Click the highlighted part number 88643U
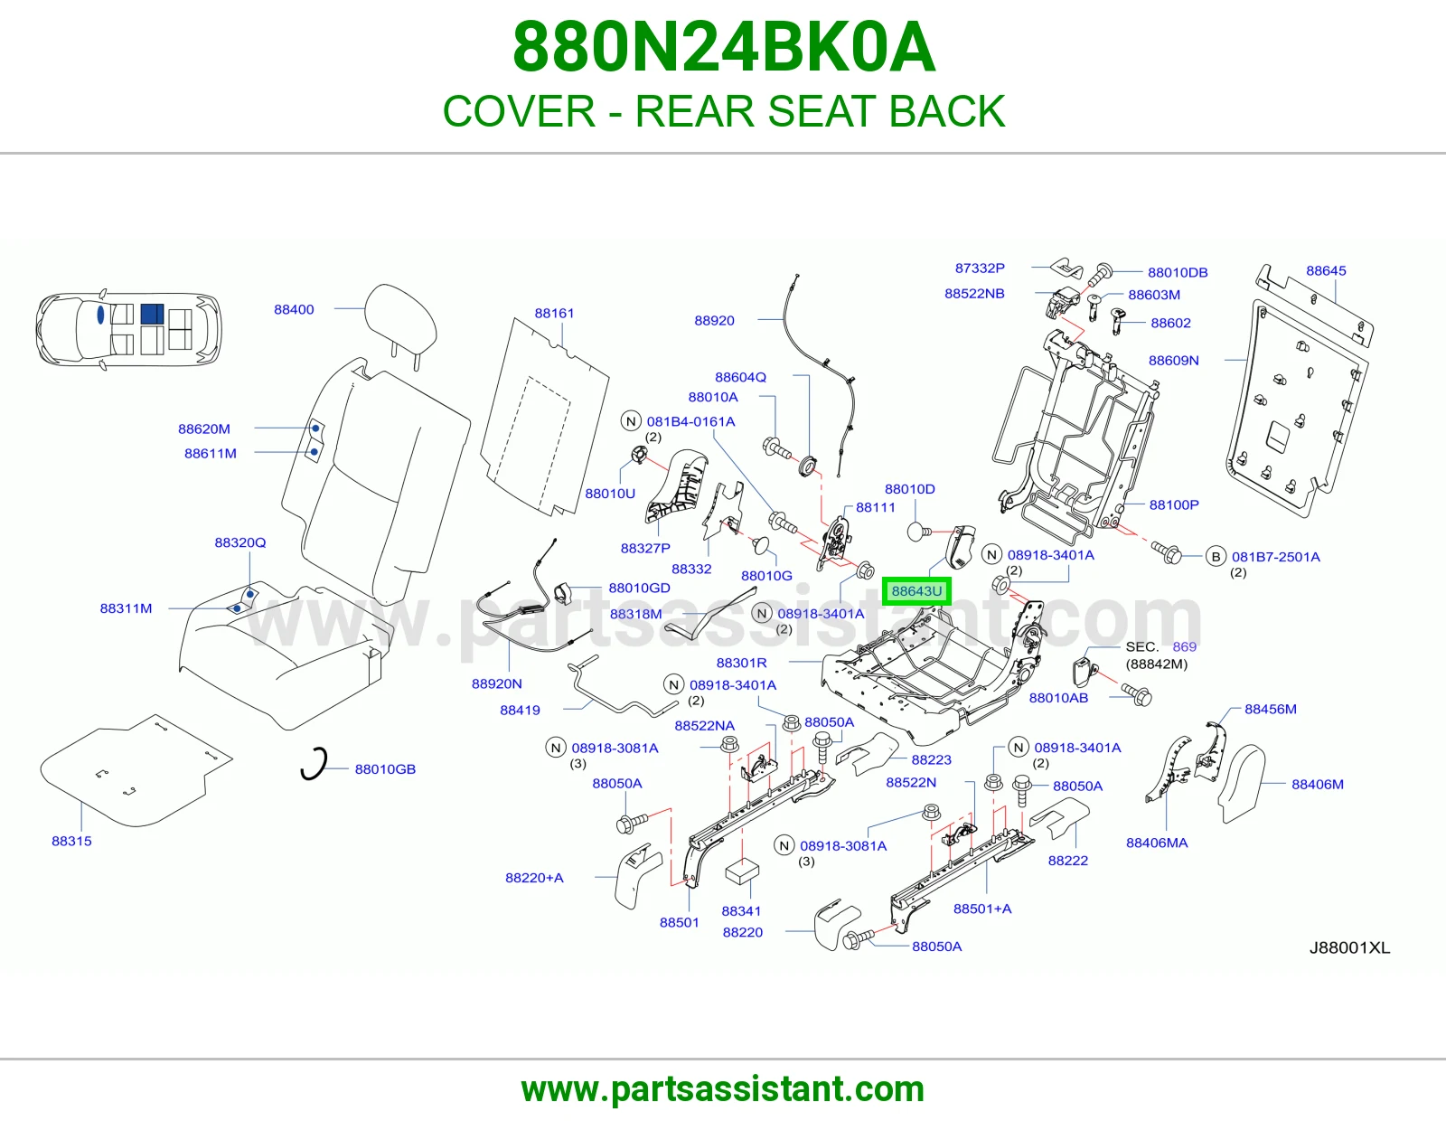tap(916, 591)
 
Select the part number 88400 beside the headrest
tap(294, 309)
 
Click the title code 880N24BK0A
tap(723, 47)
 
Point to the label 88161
tap(554, 313)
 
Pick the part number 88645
tap(1326, 270)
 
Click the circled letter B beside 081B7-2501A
tap(1216, 557)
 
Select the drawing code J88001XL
tap(1349, 948)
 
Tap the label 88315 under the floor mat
tap(72, 841)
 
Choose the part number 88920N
tap(496, 683)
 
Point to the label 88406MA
tap(1157, 843)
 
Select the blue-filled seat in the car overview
tap(152, 314)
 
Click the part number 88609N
tap(1173, 360)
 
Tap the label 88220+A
tap(534, 877)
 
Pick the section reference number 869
tap(1184, 646)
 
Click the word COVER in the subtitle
tap(519, 111)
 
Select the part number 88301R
tap(741, 663)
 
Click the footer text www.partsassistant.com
tap(723, 1089)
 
